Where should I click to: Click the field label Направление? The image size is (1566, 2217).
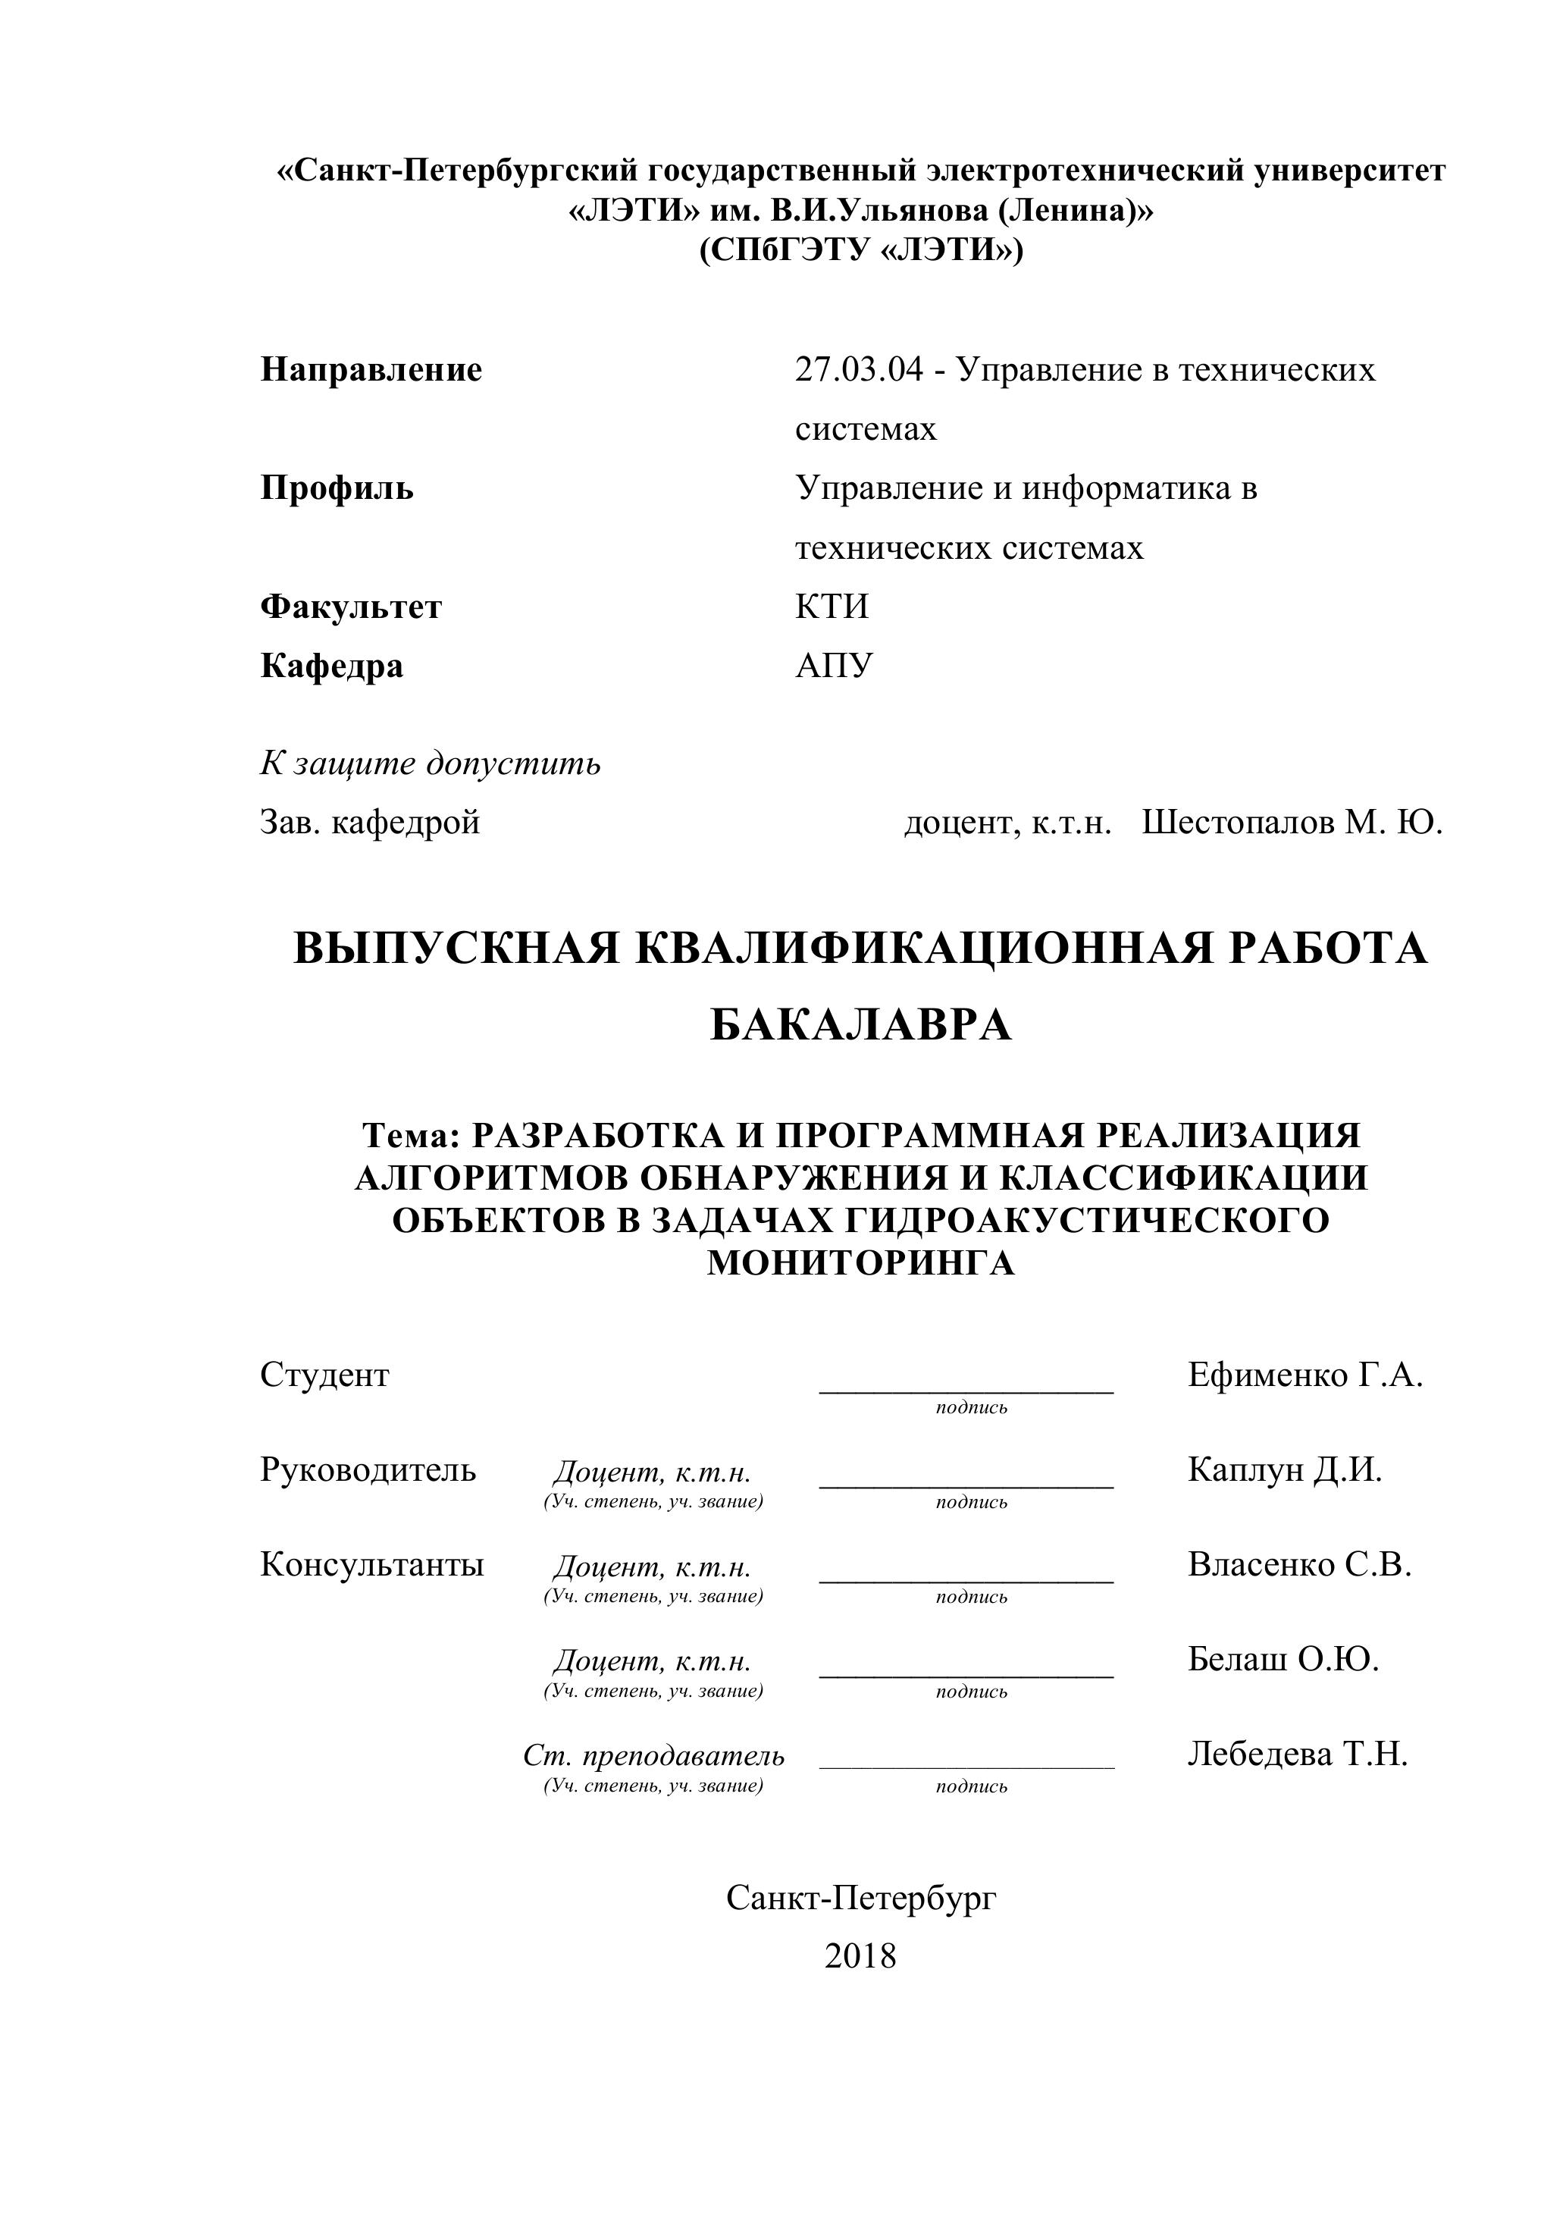pos(371,370)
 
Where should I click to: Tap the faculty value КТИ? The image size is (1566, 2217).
pos(832,607)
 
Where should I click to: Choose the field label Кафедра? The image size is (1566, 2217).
pos(331,666)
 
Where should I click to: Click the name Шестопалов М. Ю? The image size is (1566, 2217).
pos(1292,823)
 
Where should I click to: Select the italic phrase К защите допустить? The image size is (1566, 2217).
pos(430,764)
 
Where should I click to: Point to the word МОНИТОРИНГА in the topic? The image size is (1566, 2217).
pos(860,1264)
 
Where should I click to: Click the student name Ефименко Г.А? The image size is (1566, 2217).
pos(1305,1375)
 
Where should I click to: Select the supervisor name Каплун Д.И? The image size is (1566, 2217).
pos(1284,1469)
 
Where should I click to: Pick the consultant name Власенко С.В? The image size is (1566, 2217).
pos(1299,1564)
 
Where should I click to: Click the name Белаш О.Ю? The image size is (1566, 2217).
pos(1283,1659)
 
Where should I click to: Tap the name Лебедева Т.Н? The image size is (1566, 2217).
pos(1298,1754)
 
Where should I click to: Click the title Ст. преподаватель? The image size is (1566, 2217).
pos(653,1755)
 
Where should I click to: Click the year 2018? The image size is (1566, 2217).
pos(860,1956)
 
